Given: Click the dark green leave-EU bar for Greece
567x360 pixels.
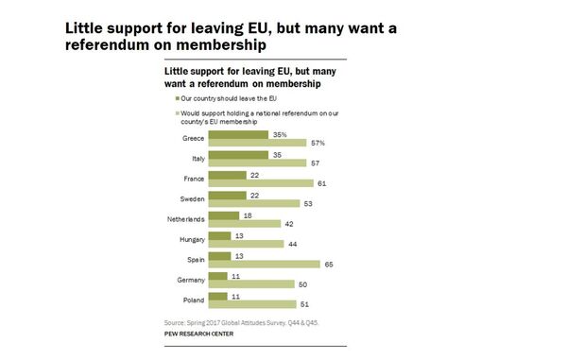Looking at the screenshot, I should pos(237,134).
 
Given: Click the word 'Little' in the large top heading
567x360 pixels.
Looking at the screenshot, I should pos(87,27).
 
